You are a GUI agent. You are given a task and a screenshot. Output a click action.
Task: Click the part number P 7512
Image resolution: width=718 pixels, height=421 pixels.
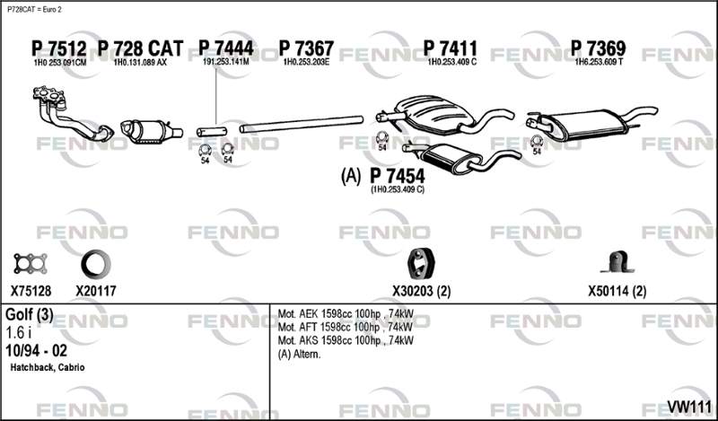coord(58,48)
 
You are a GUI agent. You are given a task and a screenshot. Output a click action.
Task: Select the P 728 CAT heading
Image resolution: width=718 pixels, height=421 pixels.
coord(141,48)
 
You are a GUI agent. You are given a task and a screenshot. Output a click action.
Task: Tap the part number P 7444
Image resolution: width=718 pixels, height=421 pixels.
coord(226,48)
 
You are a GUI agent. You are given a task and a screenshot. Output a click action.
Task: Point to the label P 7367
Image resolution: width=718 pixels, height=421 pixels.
coord(306,48)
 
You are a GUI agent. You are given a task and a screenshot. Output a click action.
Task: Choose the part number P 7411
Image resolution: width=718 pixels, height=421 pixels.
coord(451,48)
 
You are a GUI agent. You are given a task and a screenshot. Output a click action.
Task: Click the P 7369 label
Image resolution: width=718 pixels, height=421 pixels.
coord(598,48)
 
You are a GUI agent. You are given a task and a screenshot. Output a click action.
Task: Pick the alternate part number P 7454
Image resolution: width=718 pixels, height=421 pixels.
coord(397,176)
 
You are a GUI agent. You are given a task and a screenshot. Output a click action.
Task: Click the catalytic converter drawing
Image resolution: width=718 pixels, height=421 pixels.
coord(151,131)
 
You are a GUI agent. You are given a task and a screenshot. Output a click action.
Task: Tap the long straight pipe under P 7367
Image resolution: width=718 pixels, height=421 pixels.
coord(302,124)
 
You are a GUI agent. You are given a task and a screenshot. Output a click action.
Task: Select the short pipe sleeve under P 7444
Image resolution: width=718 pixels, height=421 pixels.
coord(212,131)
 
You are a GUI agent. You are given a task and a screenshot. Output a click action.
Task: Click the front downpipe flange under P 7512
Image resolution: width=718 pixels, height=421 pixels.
coord(49,94)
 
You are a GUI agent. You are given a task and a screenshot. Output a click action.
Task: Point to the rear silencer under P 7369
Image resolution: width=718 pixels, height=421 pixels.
coord(591,123)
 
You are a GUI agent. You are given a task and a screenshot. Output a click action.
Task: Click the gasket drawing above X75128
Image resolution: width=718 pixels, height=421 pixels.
coord(31,264)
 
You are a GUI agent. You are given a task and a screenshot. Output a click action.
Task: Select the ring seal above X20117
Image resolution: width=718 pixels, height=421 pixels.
coord(96,264)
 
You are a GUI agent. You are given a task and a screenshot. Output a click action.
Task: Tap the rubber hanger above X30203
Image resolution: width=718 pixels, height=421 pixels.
coord(421,264)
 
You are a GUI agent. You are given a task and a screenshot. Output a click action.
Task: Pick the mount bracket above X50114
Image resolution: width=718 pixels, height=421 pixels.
coord(617,262)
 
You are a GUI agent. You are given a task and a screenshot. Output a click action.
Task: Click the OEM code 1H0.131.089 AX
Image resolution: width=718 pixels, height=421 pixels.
coord(140,62)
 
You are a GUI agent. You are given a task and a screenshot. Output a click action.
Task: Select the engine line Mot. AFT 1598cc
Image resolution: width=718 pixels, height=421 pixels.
coord(346,327)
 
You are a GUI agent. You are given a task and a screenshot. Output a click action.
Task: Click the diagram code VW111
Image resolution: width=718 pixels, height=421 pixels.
coord(688,407)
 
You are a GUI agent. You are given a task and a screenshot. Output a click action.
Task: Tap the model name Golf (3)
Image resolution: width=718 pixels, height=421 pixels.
coord(30,315)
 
